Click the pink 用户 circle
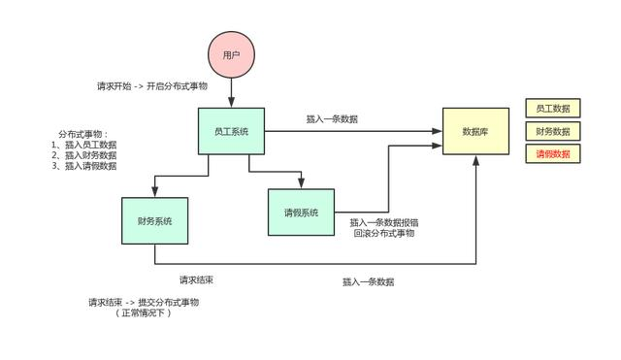tap(231, 55)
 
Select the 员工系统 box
tap(231, 130)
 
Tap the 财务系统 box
tap(154, 221)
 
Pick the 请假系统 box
tap(301, 213)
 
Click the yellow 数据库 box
tap(475, 131)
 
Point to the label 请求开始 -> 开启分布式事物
tap(152, 85)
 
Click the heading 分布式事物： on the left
tap(83, 134)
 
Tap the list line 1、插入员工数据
tap(84, 145)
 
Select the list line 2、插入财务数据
tap(84, 155)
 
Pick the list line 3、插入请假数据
tap(84, 166)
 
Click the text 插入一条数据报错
tap(384, 222)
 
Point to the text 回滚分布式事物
tap(384, 234)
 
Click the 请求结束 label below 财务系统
tap(196, 279)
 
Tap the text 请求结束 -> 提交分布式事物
tap(144, 302)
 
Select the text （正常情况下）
tap(144, 313)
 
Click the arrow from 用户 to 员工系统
tap(231, 93)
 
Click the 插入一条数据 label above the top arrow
tap(332, 119)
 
